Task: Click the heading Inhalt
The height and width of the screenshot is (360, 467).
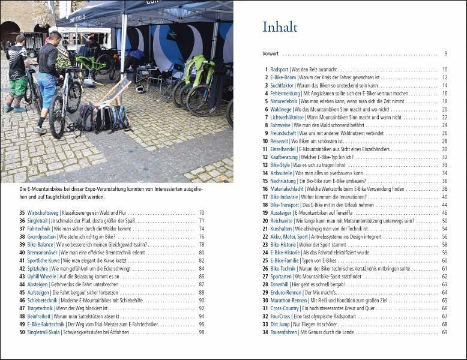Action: (x=280, y=27)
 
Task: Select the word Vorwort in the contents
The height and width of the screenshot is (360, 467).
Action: (x=271, y=54)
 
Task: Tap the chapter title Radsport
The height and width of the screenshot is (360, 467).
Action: (x=279, y=70)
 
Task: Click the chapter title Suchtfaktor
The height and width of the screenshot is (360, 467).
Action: (x=282, y=85)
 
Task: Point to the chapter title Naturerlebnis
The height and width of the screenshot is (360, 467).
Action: (x=284, y=101)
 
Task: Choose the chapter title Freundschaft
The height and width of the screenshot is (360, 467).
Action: (x=283, y=133)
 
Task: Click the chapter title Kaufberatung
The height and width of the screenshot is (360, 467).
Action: (x=285, y=157)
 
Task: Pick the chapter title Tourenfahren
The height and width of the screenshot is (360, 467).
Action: (x=284, y=332)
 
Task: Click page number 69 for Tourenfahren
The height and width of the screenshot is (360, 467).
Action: (x=444, y=332)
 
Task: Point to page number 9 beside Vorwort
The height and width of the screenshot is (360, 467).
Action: (x=446, y=54)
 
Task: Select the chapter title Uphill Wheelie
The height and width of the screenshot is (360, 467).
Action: (x=42, y=276)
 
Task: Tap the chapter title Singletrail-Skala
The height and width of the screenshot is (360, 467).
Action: (x=47, y=332)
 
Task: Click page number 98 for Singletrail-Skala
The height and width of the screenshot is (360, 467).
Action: (x=202, y=332)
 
